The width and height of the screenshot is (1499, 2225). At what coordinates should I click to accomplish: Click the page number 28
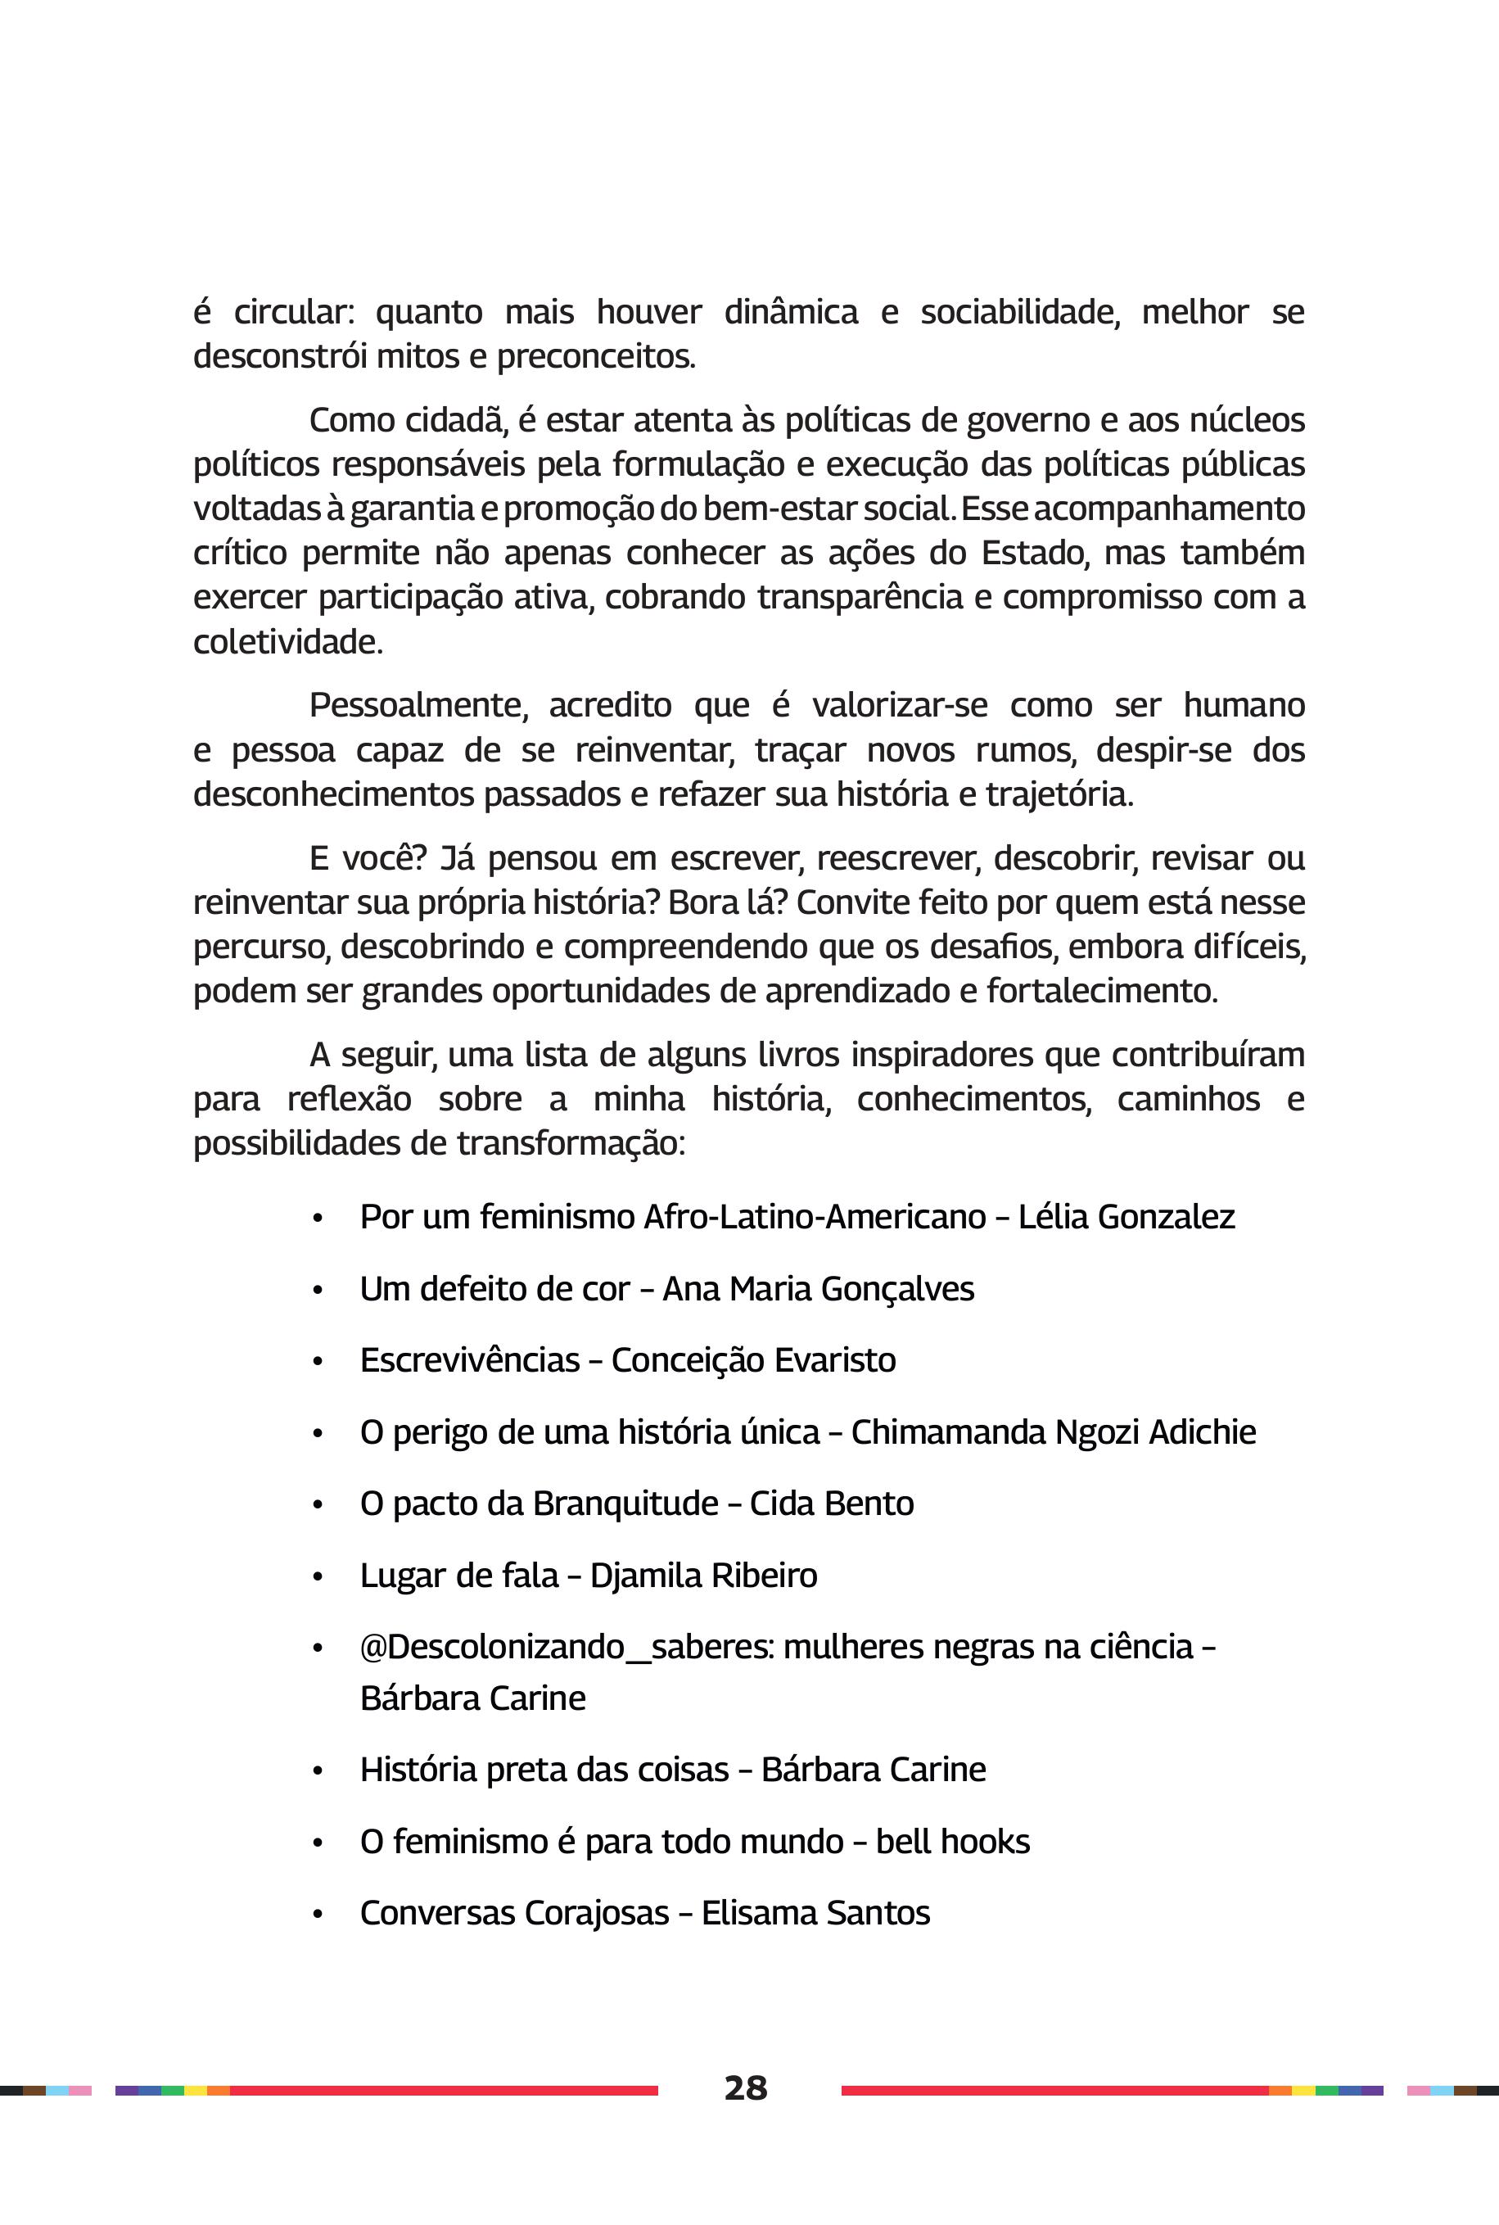pos(745,2087)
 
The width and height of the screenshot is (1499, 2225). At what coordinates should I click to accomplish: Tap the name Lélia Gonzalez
pos(1127,1216)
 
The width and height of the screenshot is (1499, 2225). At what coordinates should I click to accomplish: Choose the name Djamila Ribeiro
pos(702,1575)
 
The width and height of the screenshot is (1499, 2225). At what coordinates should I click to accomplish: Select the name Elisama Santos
pos(815,1912)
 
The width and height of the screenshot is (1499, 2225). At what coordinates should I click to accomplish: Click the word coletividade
pos(287,641)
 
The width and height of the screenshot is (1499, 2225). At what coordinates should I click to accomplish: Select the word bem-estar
pos(781,508)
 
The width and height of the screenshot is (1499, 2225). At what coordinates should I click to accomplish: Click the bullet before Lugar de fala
pos(318,1576)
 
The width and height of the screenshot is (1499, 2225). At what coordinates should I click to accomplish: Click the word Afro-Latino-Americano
pos(815,1216)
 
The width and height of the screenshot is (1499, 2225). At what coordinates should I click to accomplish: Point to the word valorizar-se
pos(899,705)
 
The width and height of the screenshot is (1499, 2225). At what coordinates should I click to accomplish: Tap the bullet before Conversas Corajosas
pos(318,1915)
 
